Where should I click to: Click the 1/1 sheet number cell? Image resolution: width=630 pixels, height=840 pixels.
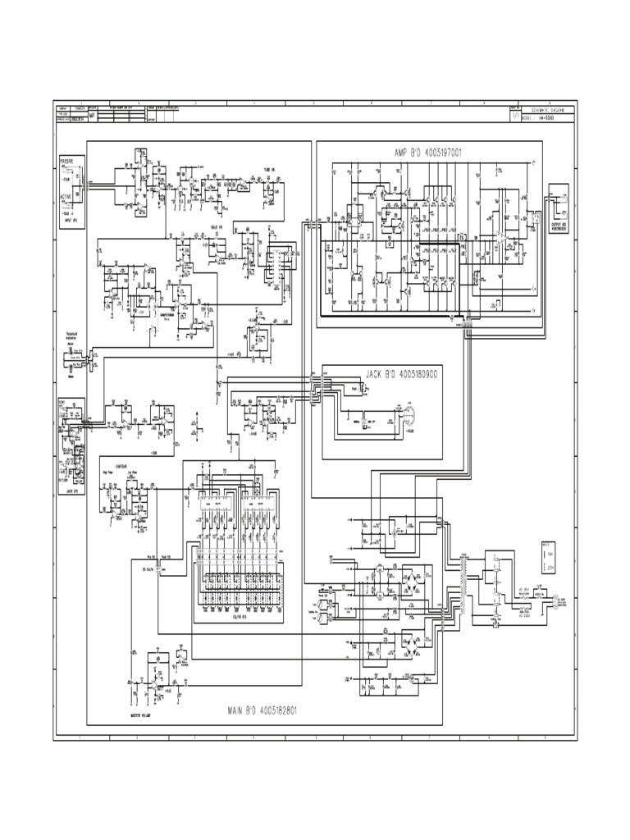(x=514, y=116)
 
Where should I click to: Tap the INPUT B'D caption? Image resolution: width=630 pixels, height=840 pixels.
(x=71, y=221)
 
